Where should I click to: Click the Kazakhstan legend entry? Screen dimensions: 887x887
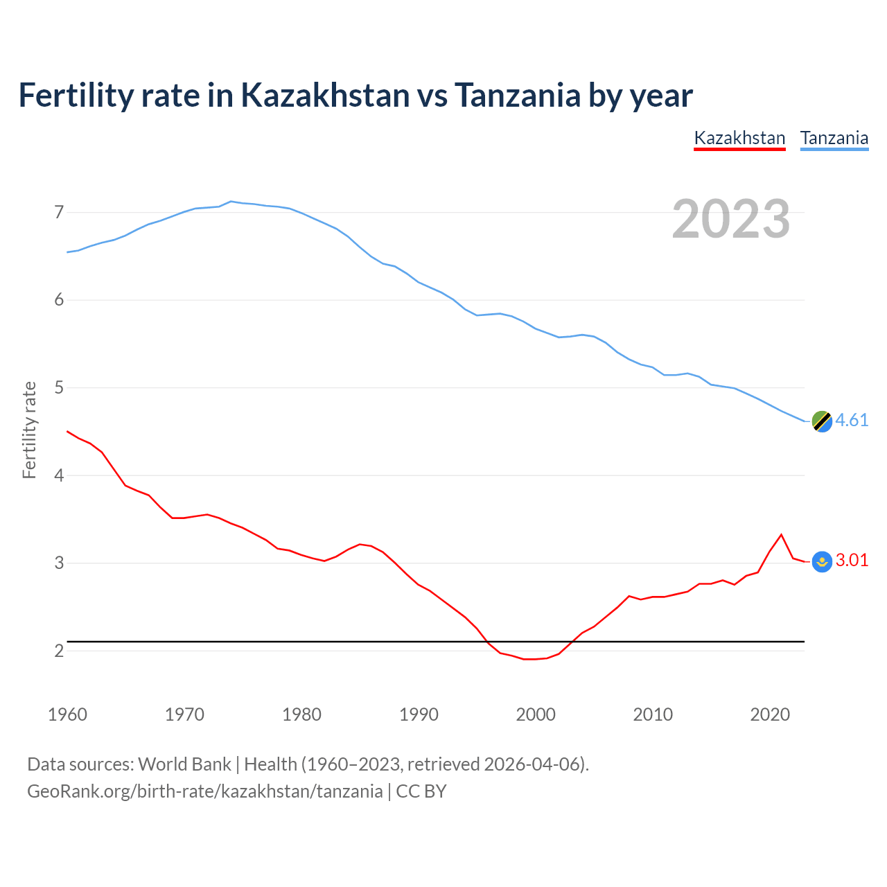739,138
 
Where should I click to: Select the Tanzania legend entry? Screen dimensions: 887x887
834,138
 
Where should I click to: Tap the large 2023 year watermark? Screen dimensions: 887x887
730,219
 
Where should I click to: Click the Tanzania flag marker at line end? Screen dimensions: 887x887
822,421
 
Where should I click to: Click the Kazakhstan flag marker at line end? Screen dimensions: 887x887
822,561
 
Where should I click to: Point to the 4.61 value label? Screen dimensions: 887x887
852,421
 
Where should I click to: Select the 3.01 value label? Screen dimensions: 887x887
852,561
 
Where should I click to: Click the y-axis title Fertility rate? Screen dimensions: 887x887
29,430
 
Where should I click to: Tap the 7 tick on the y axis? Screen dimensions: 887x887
59,212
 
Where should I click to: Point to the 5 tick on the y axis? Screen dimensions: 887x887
59,387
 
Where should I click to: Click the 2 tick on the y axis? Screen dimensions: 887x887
59,651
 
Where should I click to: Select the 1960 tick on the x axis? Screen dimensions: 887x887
67,714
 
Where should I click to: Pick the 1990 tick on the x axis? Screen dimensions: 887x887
419,714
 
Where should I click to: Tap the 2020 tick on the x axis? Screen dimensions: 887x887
770,714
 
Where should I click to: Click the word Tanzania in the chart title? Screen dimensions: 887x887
517,96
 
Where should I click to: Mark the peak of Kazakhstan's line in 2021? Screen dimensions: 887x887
782,534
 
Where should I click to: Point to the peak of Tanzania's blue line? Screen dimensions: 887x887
231,201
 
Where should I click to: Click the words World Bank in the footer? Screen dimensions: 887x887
184,764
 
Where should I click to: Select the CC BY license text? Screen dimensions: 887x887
421,791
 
